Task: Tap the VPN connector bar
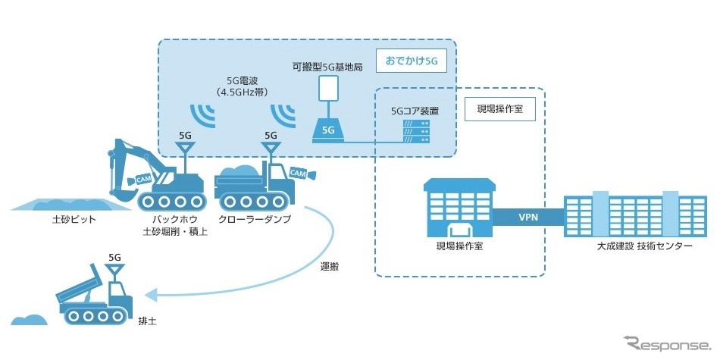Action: pos(527,216)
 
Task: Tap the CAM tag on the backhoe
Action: pos(143,180)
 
